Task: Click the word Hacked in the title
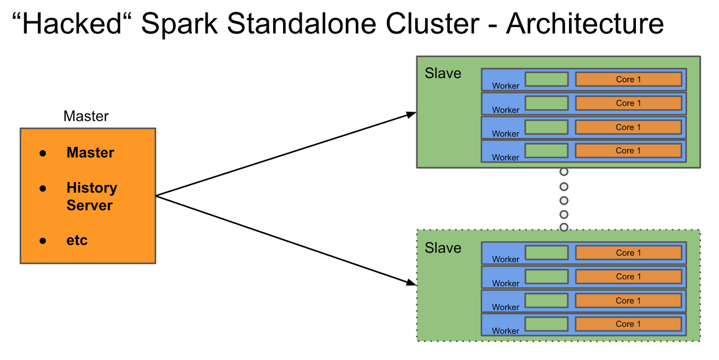click(72, 23)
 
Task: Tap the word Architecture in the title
click(585, 23)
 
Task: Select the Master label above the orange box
click(86, 116)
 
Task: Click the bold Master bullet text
click(90, 153)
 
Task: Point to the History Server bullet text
click(92, 196)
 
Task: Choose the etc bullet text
click(77, 240)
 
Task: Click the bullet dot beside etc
click(43, 241)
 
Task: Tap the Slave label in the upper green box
click(443, 73)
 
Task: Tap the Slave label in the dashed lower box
click(443, 248)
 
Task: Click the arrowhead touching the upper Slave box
click(411, 114)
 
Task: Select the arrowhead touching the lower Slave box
click(411, 283)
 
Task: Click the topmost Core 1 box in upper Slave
click(628, 80)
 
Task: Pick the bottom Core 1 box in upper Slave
click(628, 151)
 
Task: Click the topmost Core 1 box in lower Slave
click(628, 253)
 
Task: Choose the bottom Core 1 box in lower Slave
click(628, 324)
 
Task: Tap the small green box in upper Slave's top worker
click(546, 79)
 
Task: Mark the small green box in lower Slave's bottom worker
click(546, 324)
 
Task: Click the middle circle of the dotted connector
click(564, 200)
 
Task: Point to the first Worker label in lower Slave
click(506, 259)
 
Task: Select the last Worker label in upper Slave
click(506, 157)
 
